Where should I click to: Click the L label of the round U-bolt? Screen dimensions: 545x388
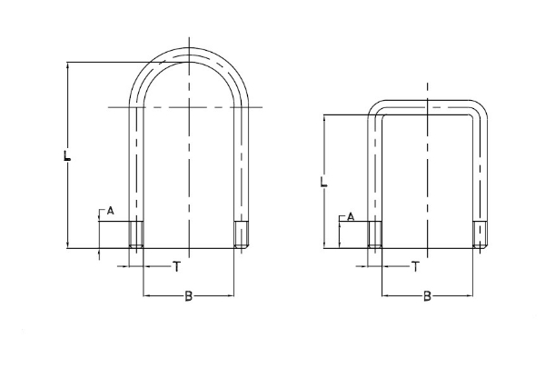coord(67,155)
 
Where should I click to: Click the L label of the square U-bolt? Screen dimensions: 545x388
coord(323,182)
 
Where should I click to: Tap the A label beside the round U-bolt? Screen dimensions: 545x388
coord(110,210)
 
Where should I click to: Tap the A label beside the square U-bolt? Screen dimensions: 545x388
coord(351,217)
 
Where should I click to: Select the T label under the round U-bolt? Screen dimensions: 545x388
coord(177,266)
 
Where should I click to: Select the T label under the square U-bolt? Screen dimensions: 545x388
coord(415,266)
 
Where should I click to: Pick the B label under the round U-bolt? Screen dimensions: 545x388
coord(188,296)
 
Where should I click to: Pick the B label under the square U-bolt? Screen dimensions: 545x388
coord(427,296)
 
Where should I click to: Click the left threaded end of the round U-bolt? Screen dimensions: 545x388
coord(136,234)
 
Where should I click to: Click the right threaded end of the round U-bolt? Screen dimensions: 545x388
coord(242,234)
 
